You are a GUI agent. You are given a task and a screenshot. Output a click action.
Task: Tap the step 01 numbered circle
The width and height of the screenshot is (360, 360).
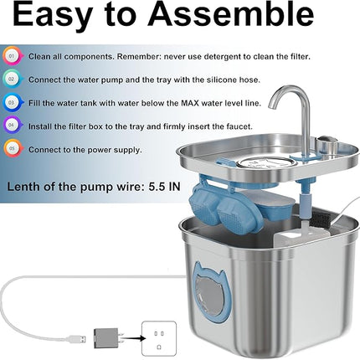tap(12, 56)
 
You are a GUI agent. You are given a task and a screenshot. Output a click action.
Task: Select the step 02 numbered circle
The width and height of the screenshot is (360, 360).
tap(12, 80)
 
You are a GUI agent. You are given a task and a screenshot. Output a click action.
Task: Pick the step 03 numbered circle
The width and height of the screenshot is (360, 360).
tap(12, 103)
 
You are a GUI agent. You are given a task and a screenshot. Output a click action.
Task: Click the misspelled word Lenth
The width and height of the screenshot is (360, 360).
tap(23, 183)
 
